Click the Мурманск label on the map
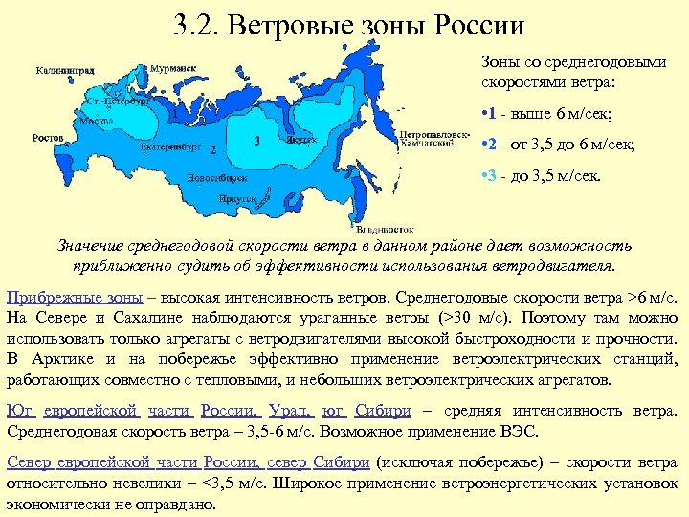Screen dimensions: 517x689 (x=173, y=69)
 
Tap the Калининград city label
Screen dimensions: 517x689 (x=65, y=71)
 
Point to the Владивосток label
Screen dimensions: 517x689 (x=383, y=230)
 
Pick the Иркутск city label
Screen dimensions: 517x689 (x=238, y=198)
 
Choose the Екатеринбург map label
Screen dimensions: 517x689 (x=169, y=148)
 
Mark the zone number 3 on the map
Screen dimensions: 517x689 (x=257, y=140)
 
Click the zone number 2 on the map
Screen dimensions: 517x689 (x=211, y=151)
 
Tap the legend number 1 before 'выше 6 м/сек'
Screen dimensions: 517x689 (x=490, y=116)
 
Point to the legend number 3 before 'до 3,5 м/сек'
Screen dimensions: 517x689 (x=490, y=176)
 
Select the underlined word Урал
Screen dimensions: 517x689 (x=290, y=410)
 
